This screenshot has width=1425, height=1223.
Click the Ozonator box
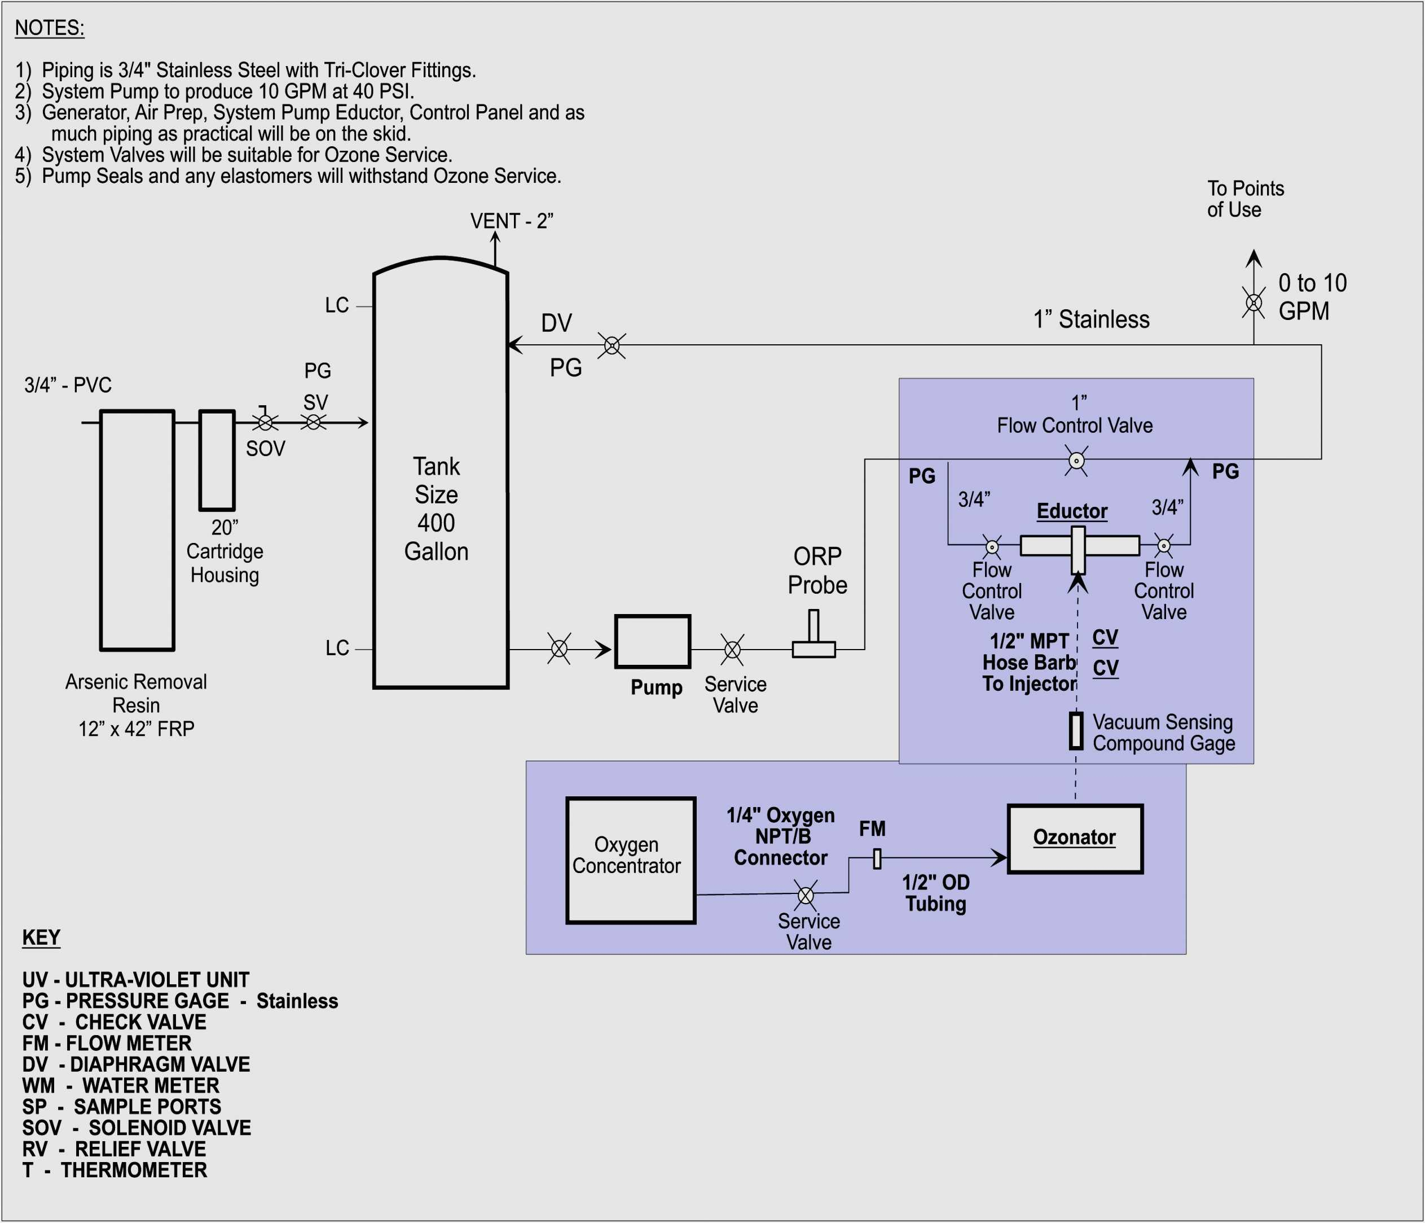click(1074, 839)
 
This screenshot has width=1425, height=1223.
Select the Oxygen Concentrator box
click(630, 860)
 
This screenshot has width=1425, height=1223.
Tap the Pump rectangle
click(652, 641)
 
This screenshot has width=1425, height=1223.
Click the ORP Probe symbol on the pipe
click(813, 635)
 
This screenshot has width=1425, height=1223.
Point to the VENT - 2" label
click(511, 221)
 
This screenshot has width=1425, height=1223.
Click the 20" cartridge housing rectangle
click(217, 460)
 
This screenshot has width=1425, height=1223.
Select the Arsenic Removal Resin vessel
click(137, 529)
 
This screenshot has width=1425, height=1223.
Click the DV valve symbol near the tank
click(612, 345)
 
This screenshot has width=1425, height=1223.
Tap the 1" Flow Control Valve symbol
click(1076, 459)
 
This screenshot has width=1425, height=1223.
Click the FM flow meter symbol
click(877, 858)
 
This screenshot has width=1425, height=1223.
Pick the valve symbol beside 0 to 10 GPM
click(1254, 303)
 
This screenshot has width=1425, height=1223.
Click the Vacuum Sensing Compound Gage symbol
click(1076, 730)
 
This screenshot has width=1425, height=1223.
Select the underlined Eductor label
click(1071, 511)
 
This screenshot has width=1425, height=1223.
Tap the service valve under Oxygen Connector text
click(806, 895)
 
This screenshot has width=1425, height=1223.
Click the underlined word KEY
click(41, 937)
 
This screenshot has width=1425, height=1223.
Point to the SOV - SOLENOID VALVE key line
click(136, 1128)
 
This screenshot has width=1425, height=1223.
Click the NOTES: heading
click(50, 28)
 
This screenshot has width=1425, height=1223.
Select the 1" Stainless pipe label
click(1091, 319)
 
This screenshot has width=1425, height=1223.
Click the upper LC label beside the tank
click(337, 305)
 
